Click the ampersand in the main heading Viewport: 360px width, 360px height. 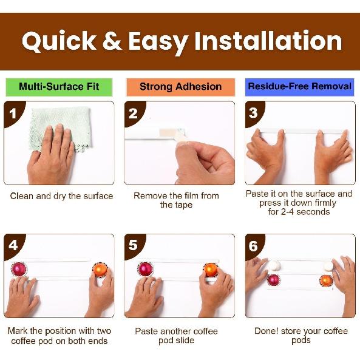pyautogui.click(x=112, y=41)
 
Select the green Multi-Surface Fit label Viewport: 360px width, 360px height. pyautogui.click(x=59, y=87)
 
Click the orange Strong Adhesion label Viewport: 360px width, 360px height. pyautogui.click(x=180, y=87)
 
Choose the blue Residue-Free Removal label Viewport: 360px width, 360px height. pyautogui.click(x=300, y=87)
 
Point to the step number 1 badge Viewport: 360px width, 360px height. pyautogui.click(x=13, y=114)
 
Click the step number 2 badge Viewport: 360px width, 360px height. pyautogui.click(x=134, y=114)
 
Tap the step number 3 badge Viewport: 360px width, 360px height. pyautogui.click(x=254, y=113)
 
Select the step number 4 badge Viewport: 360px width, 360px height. pyautogui.click(x=13, y=246)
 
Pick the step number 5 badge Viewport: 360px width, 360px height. pyautogui.click(x=134, y=245)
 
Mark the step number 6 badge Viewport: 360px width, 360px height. pyautogui.click(x=254, y=246)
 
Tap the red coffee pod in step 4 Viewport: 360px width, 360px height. pyautogui.click(x=19, y=269)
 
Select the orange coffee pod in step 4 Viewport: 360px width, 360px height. pyautogui.click(x=100, y=270)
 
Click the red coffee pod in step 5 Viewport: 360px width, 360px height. pyautogui.click(x=146, y=269)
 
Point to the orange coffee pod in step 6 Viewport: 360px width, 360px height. pyautogui.click(x=326, y=280)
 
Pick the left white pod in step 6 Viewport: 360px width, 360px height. pyautogui.click(x=274, y=265)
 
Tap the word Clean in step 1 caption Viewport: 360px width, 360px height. pyautogui.click(x=22, y=196)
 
